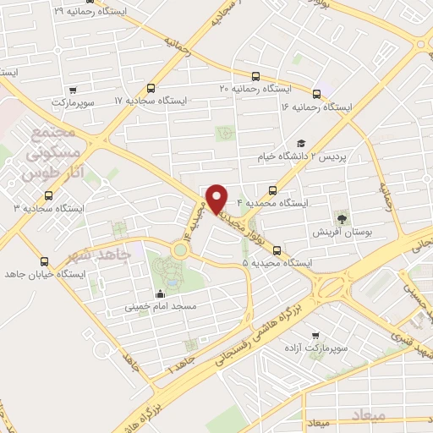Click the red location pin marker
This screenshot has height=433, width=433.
(x=217, y=198)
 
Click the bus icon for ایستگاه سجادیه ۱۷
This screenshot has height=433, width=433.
(x=151, y=89)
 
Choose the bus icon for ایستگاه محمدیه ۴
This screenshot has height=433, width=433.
(x=272, y=190)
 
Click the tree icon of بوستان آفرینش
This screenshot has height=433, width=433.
(x=342, y=216)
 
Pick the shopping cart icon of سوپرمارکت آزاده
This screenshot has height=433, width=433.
(x=315, y=336)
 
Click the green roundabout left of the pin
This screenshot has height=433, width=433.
(x=180, y=249)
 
